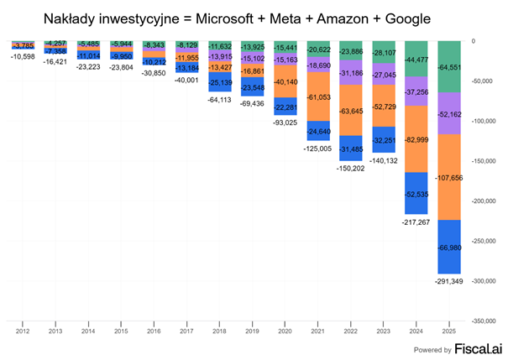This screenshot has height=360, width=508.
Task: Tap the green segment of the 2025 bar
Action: click(449, 67)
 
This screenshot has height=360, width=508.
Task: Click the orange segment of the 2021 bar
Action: click(318, 97)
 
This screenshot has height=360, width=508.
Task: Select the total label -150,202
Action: click(351, 168)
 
